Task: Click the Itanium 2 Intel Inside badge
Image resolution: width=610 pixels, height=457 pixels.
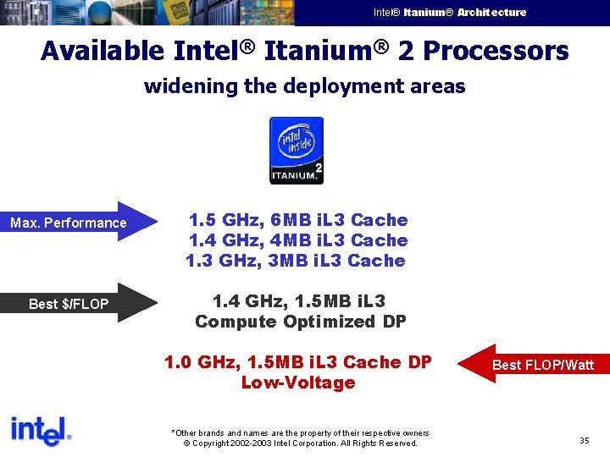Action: (x=296, y=150)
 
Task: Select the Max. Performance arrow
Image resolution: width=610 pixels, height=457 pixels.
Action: (x=80, y=223)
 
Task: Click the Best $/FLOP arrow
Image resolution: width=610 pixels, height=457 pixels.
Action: (x=80, y=303)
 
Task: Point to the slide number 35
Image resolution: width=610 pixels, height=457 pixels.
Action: (x=585, y=441)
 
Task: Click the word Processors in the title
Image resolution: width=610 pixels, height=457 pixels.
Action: (x=496, y=51)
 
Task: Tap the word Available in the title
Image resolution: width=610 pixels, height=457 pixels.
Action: (x=103, y=51)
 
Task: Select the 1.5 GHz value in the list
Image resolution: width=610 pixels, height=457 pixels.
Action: (x=215, y=220)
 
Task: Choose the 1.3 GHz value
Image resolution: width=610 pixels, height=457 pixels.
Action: (x=212, y=261)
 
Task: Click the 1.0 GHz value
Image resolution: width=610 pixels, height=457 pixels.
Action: (x=192, y=362)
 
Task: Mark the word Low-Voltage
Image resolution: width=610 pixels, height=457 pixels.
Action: (x=297, y=383)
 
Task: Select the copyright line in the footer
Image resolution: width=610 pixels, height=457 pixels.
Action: (x=300, y=443)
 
